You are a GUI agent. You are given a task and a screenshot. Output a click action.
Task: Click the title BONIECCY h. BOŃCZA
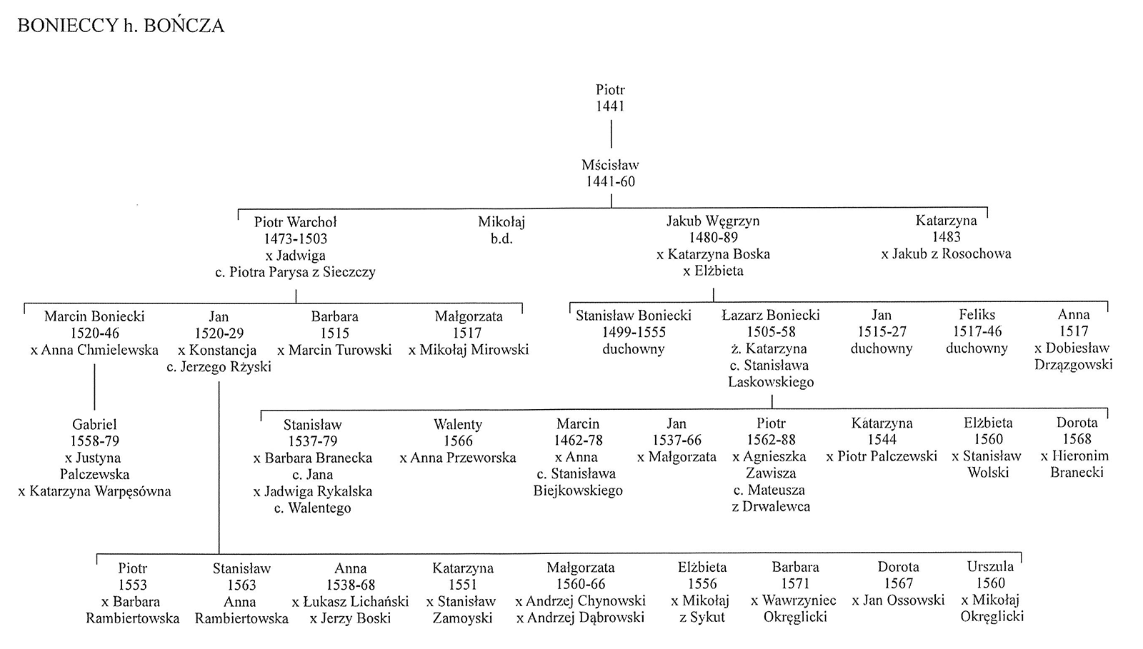pos(121,26)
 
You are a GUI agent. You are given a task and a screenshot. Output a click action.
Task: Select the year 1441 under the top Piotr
pos(610,106)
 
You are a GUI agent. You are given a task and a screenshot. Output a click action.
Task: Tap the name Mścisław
pos(610,165)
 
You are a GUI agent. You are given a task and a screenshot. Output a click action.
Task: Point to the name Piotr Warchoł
pos(296,222)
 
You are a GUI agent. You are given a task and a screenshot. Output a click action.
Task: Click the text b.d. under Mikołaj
pos(501,238)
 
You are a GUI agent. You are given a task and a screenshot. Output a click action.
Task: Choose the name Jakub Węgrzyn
pos(713,221)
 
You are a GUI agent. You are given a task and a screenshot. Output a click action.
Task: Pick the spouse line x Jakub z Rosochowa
pos(946,253)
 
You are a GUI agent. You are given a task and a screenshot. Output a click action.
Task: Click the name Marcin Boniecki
pos(94,316)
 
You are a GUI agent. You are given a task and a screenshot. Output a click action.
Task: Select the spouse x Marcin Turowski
pos(334,350)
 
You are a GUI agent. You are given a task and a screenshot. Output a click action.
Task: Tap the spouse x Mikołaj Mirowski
pos(469,350)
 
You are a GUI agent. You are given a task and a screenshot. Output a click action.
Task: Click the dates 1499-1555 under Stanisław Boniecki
pos(634,332)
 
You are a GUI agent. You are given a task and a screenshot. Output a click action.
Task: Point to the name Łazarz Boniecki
pos(771,315)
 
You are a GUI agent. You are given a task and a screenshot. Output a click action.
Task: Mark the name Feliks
pos(977,315)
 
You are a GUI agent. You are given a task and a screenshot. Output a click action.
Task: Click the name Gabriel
pos(94,424)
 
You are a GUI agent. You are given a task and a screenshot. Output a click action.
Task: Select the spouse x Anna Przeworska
pos(458,458)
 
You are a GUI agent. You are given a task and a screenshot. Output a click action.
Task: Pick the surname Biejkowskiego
pos(578,490)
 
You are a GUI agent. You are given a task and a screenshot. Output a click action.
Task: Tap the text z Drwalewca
pos(771,507)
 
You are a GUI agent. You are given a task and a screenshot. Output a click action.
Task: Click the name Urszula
pos(990,566)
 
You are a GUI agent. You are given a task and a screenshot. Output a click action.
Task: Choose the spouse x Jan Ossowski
pos(898,600)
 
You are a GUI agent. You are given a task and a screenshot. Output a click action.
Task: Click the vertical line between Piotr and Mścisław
pos(611,134)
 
